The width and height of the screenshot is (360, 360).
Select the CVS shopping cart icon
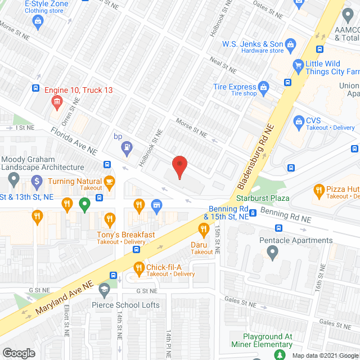tap(299, 120)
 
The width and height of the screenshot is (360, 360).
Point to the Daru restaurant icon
tap(202, 228)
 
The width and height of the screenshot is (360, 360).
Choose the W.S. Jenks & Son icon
tap(290, 44)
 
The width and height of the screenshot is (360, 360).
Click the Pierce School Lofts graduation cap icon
tap(103, 290)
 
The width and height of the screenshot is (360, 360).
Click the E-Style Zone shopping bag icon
tap(38, 22)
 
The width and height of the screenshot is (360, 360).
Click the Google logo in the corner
tap(18, 353)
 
